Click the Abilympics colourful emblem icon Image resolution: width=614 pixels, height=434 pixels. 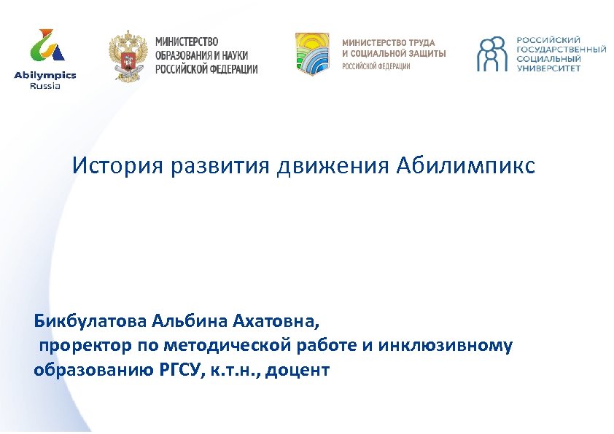[x=44, y=47]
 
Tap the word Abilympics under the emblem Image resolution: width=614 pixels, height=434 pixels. [x=44, y=75]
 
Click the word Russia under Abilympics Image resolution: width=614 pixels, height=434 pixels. [x=44, y=85]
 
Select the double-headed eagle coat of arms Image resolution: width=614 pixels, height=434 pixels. [x=128, y=55]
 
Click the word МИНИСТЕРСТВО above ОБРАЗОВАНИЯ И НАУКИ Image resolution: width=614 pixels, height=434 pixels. [x=186, y=42]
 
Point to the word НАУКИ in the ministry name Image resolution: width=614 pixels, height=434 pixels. [x=233, y=55]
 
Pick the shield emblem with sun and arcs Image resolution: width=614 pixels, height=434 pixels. [x=311, y=53]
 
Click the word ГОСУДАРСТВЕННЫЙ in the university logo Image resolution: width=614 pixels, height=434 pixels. [x=561, y=49]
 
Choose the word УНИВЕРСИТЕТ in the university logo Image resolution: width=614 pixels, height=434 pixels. [x=548, y=68]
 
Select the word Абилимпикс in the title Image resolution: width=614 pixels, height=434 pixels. [x=466, y=167]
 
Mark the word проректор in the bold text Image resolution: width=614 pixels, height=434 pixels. [x=85, y=344]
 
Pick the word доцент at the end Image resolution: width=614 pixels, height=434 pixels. [x=298, y=369]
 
